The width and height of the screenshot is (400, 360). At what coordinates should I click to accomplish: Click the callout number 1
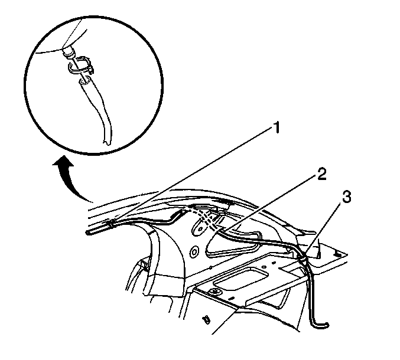pyautogui.click(x=275, y=127)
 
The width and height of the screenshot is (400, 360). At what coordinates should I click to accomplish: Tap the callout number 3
pyautogui.click(x=346, y=197)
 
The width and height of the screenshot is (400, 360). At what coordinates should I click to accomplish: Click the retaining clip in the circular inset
pyautogui.click(x=80, y=66)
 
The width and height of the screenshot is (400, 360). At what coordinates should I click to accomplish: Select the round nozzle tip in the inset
pyautogui.click(x=69, y=53)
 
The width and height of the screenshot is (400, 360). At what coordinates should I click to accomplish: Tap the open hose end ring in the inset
pyautogui.click(x=85, y=81)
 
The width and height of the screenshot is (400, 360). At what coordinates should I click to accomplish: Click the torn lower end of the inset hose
pyautogui.click(x=107, y=142)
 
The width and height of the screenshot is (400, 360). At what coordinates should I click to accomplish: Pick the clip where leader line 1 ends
pyautogui.click(x=111, y=224)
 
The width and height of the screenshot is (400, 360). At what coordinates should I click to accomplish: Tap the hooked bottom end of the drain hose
pyautogui.click(x=320, y=324)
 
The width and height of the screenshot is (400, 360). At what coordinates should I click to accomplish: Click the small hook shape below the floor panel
pyautogui.click(x=206, y=319)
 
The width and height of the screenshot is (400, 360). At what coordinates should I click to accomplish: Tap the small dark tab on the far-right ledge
pyautogui.click(x=339, y=254)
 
